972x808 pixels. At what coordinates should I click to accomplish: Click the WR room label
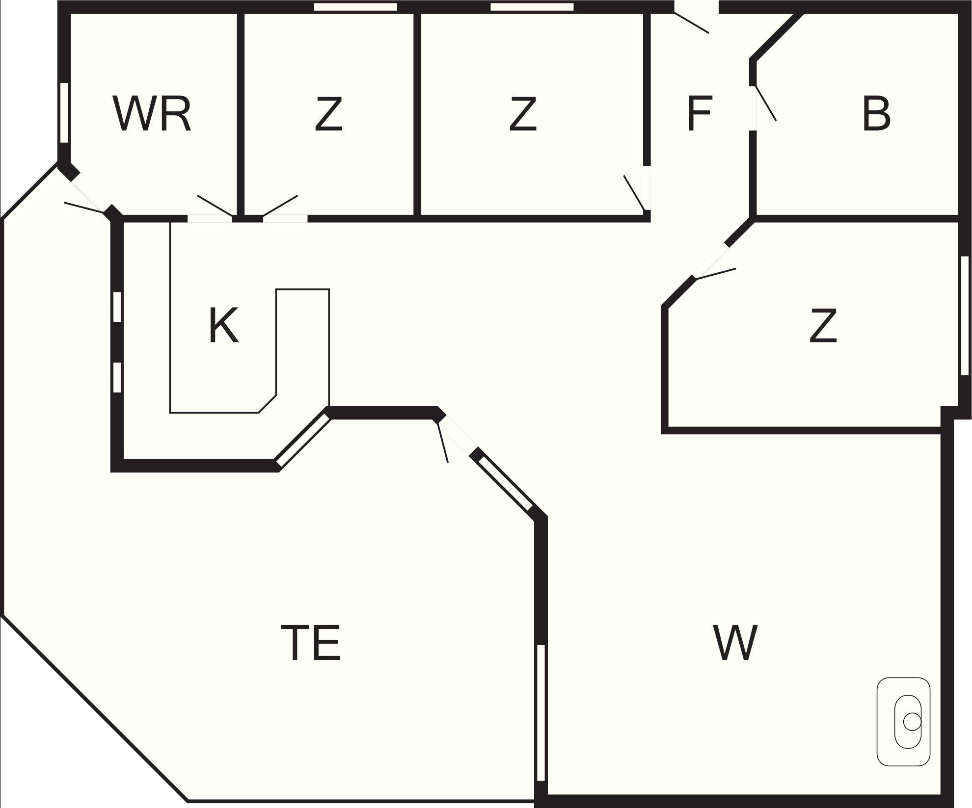click(x=152, y=115)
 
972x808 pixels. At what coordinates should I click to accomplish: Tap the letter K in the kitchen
click(x=223, y=326)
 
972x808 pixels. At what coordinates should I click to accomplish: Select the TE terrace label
click(x=311, y=643)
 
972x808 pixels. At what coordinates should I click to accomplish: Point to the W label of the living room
click(x=735, y=642)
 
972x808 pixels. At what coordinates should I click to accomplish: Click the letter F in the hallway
click(x=699, y=114)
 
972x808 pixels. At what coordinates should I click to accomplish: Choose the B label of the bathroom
click(x=876, y=115)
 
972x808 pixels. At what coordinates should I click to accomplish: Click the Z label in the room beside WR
click(x=328, y=115)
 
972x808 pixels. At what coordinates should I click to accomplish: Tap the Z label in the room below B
click(x=823, y=326)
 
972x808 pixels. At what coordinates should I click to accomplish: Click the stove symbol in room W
click(x=903, y=722)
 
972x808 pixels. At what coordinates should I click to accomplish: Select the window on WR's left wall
click(x=64, y=113)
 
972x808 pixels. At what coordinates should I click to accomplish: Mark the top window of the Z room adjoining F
click(x=532, y=7)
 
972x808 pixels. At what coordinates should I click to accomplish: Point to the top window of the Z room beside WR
click(x=355, y=7)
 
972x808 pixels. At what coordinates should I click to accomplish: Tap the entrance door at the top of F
click(x=692, y=23)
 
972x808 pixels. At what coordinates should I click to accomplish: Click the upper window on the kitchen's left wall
click(x=117, y=307)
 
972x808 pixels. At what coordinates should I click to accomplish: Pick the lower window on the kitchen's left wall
click(x=117, y=377)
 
